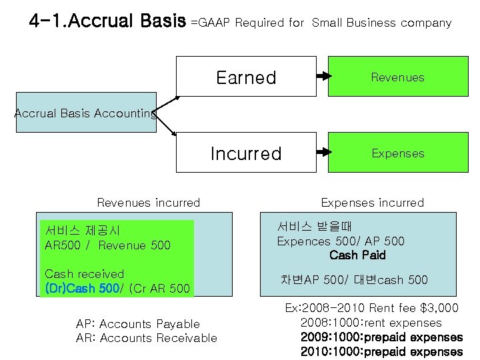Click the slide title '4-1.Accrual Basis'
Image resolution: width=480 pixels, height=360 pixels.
[107, 21]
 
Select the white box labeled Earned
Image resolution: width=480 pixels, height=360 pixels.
[246, 77]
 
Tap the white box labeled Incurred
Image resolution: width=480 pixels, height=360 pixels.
[246, 153]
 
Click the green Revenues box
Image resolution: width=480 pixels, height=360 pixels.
[397, 77]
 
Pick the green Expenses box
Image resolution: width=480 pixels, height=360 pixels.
[397, 153]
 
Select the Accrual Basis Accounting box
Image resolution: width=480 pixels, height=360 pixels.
[86, 114]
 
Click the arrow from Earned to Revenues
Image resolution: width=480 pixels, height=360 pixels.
[323, 77]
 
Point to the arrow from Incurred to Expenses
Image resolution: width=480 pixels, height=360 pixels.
[323, 153]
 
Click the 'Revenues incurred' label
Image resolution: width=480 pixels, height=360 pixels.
[149, 203]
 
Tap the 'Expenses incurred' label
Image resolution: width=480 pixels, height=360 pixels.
[373, 203]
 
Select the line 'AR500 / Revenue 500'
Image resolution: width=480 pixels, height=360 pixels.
[107, 245]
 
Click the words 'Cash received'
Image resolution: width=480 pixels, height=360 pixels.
[84, 274]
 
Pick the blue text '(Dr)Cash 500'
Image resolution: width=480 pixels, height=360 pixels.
[82, 288]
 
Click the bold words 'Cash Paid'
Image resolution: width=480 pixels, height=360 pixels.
[357, 255]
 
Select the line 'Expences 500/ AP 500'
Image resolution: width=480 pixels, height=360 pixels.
[341, 241]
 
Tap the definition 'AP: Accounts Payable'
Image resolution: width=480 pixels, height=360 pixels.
[138, 324]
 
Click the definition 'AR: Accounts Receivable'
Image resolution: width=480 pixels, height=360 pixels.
[147, 338]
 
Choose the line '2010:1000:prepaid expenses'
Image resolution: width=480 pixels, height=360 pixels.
[381, 351]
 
